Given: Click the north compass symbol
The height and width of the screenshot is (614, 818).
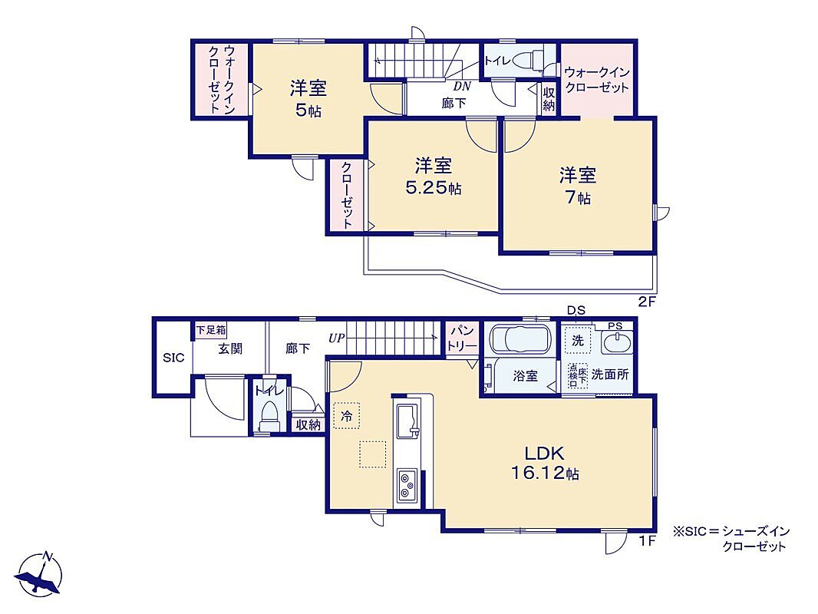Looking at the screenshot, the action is point(39,574).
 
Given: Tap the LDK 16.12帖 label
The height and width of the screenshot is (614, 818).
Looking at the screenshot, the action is point(545,462).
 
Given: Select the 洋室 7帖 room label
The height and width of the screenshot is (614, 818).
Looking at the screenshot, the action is point(578,185).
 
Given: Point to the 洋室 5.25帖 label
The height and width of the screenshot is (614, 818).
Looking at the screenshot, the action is point(434,177).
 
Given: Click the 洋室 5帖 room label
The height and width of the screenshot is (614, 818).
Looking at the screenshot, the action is point(308,98).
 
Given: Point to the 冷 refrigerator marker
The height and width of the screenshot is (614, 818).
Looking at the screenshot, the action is point(346,415).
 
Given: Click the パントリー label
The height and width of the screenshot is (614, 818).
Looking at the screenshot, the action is point(462,338).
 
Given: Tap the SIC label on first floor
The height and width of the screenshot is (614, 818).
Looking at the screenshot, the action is point(173,358).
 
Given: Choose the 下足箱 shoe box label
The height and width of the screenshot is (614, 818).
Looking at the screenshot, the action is point(211,330).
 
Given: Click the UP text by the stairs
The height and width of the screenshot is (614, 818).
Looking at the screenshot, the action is point(337,338).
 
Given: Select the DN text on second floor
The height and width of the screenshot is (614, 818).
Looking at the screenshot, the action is point(462,86).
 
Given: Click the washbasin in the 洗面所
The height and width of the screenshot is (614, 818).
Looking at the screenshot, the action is point(617,343).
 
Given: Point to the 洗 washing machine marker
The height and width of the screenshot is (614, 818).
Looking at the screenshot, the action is point(578,341).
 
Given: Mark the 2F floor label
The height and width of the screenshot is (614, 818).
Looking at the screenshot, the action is point(646,302).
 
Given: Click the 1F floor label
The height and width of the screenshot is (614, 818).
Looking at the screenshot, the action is point(647,542).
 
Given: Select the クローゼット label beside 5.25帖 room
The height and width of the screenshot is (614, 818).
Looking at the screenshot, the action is point(347,195).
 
